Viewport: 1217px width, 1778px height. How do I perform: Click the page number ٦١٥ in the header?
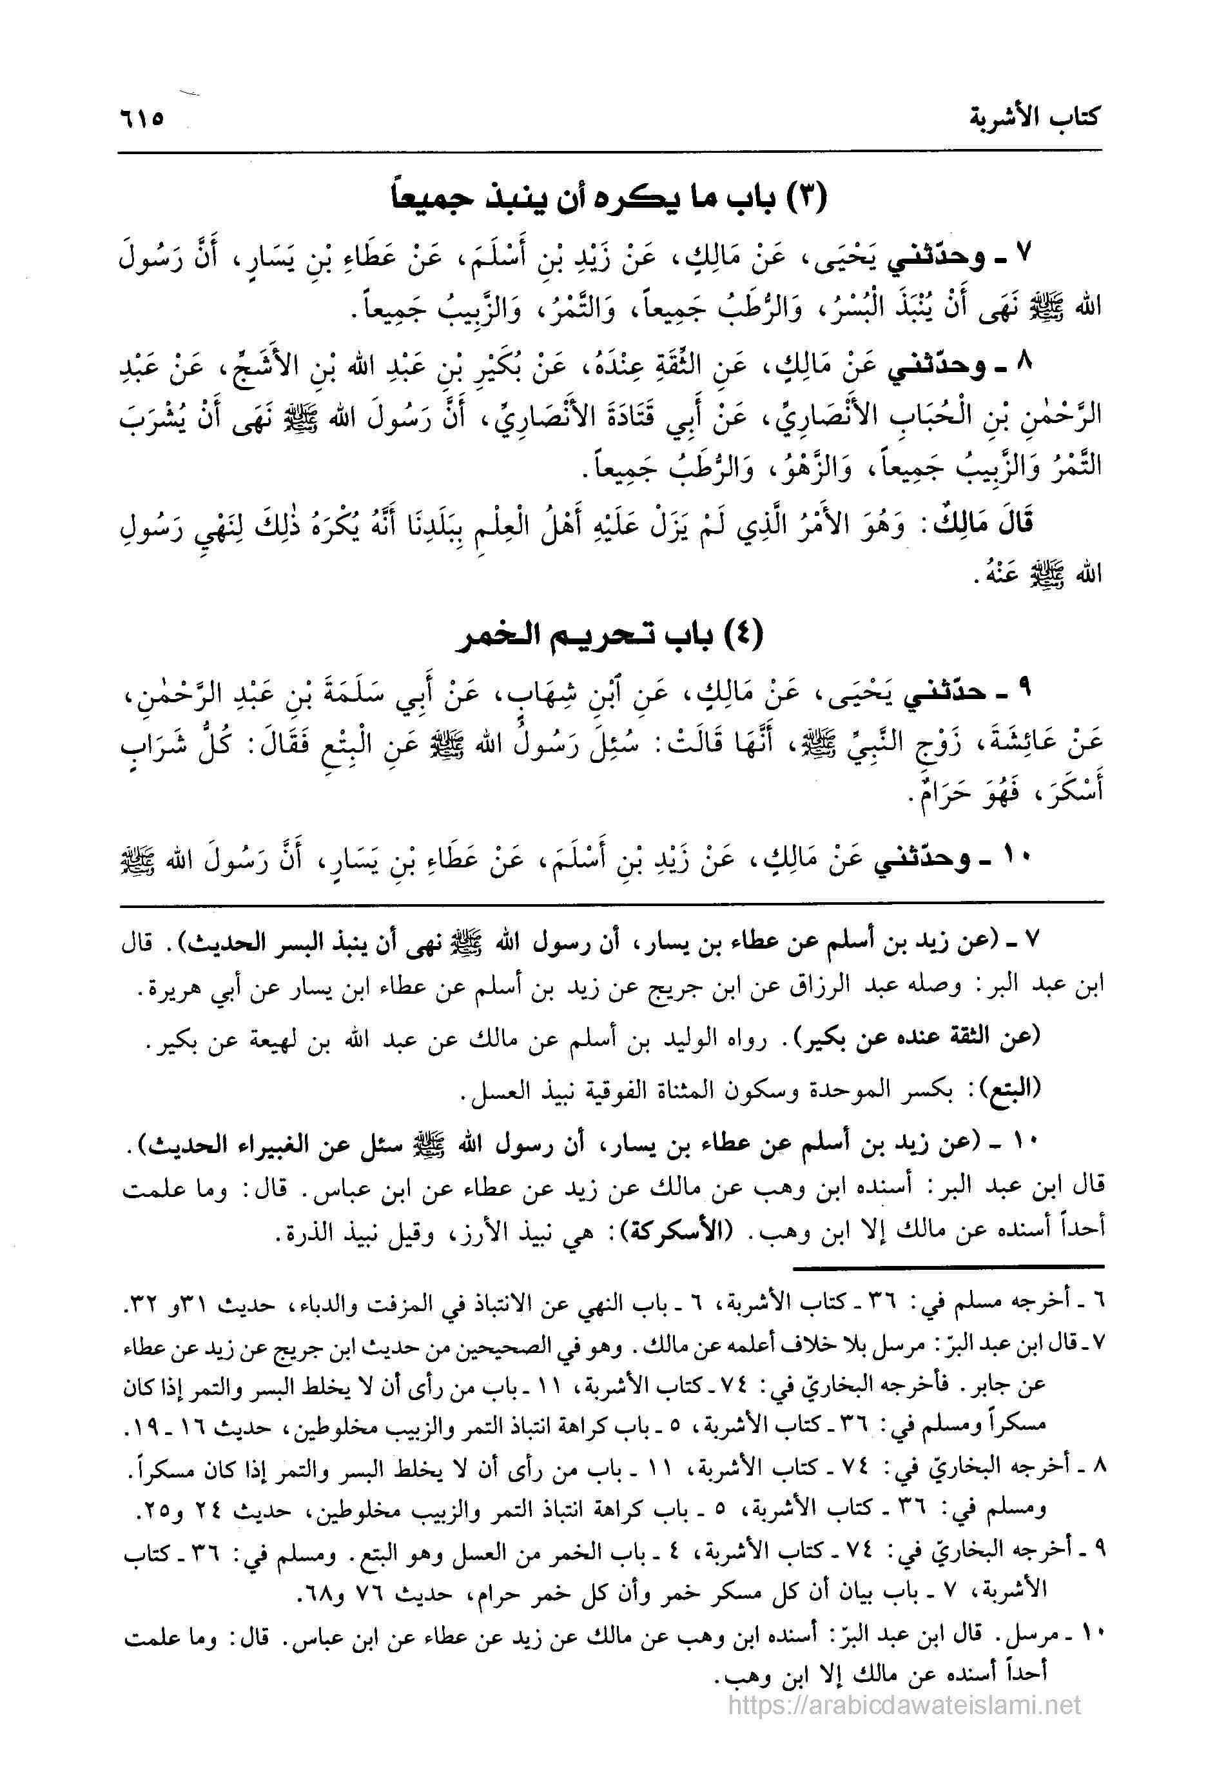(142, 120)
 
